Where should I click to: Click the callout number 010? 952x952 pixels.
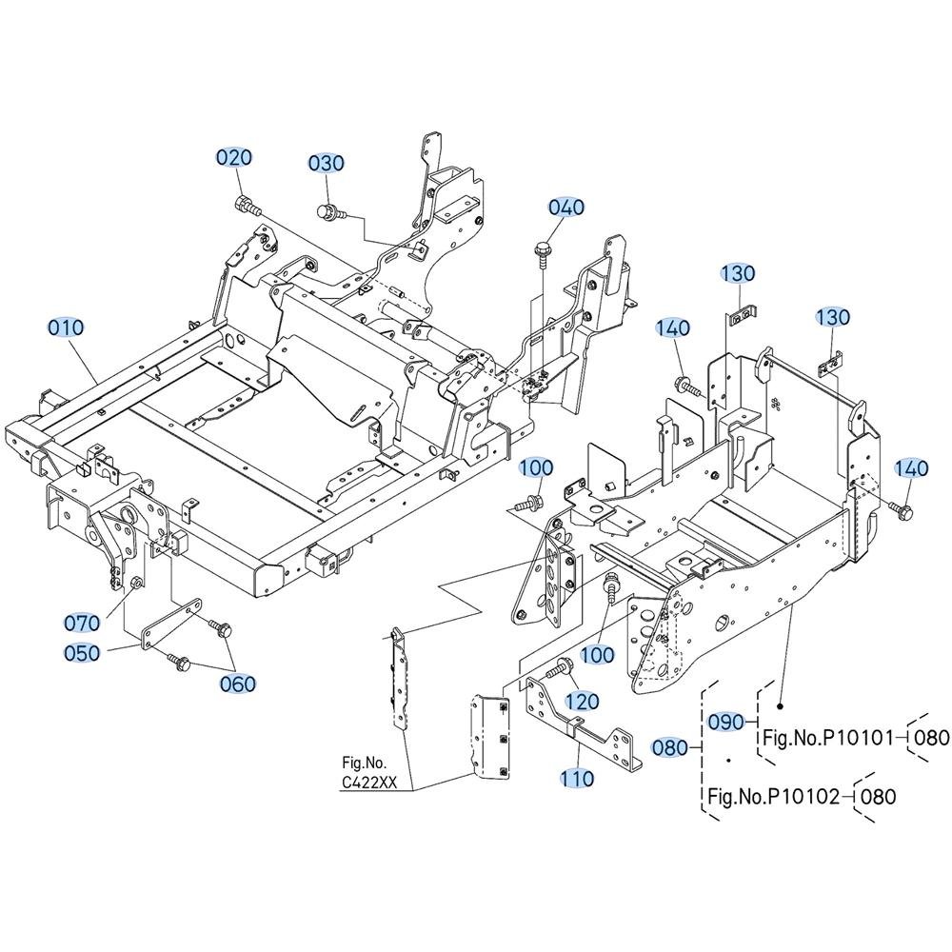pyautogui.click(x=66, y=327)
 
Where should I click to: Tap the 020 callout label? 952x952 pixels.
pyautogui.click(x=234, y=157)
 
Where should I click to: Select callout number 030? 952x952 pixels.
pyautogui.click(x=326, y=163)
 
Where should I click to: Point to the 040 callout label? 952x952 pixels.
pyautogui.click(x=565, y=207)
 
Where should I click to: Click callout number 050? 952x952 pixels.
pyautogui.click(x=82, y=653)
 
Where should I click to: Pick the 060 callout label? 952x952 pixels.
pyautogui.click(x=238, y=684)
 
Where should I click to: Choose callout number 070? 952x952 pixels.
pyautogui.click(x=82, y=623)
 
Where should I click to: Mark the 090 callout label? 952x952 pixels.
pyautogui.click(x=726, y=722)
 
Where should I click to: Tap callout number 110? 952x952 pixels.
pyautogui.click(x=577, y=778)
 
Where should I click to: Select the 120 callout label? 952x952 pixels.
pyautogui.click(x=582, y=702)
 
